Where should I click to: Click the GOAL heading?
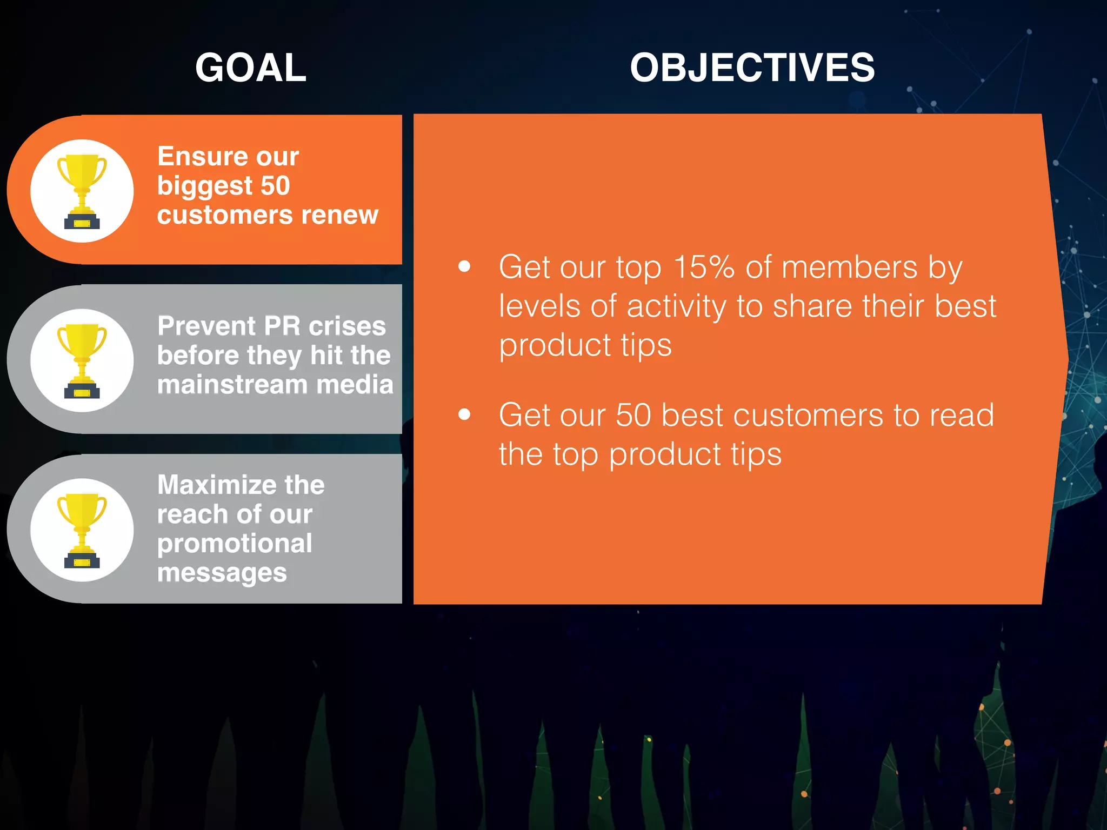250,68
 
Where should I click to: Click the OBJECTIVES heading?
752,68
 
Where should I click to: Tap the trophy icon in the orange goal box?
82,191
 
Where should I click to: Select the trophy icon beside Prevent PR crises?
82,360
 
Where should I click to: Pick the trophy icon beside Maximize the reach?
82,530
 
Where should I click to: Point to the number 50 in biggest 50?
275,186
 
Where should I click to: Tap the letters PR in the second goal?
282,326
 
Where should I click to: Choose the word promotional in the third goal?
235,544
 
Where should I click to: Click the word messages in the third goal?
222,573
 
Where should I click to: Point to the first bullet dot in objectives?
464,266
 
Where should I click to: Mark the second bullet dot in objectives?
464,414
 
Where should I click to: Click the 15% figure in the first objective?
704,267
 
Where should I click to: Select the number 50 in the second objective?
633,415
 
